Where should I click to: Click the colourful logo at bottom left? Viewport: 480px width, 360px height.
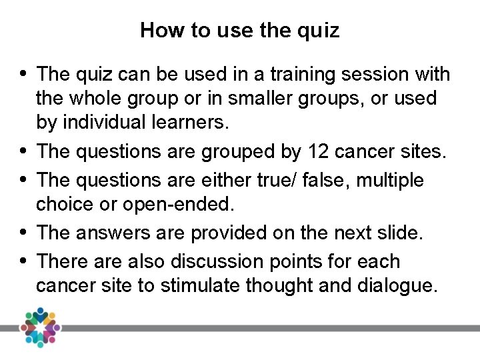click(x=40, y=327)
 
